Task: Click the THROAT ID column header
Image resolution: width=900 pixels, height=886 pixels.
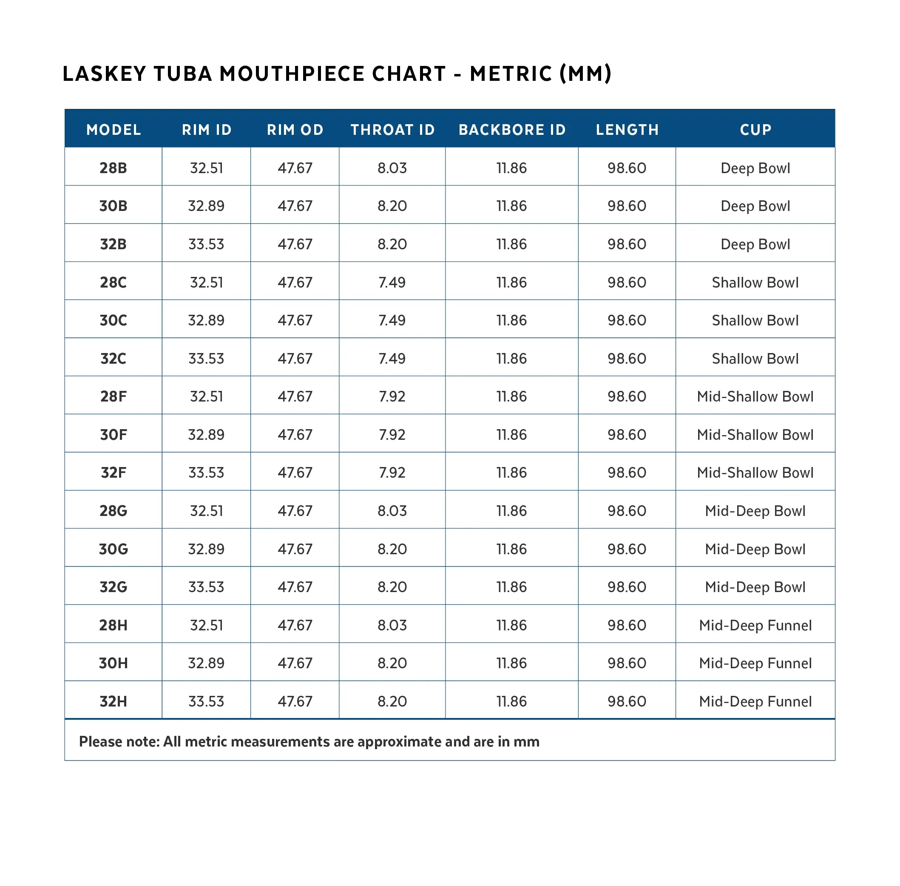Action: click(x=392, y=129)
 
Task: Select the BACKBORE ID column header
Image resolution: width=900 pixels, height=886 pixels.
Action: click(x=511, y=129)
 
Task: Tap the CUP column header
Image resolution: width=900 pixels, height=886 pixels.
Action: click(x=755, y=129)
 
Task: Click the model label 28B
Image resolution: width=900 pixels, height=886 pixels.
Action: click(x=113, y=168)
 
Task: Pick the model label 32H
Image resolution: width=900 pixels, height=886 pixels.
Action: click(x=113, y=701)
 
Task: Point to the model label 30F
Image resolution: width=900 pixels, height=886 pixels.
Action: click(x=113, y=434)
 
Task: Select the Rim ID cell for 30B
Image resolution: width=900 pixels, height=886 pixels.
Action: click(x=206, y=206)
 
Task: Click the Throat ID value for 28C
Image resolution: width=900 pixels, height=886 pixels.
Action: click(x=392, y=282)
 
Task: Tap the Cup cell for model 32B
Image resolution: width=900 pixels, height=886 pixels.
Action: click(x=755, y=244)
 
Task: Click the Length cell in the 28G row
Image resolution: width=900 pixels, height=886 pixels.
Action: click(x=627, y=510)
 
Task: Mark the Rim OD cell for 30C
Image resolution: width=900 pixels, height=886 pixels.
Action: click(x=295, y=320)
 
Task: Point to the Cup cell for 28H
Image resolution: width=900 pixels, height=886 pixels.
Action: click(x=755, y=625)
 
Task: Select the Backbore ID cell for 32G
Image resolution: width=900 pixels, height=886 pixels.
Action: click(x=511, y=587)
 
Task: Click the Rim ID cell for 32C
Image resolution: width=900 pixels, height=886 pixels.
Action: click(x=206, y=358)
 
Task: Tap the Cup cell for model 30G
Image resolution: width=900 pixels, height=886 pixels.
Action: click(x=755, y=549)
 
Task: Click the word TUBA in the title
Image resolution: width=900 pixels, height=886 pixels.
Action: click(x=183, y=74)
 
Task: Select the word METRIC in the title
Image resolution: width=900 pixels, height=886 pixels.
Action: click(x=510, y=74)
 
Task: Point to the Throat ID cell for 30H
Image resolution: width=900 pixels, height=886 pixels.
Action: click(x=392, y=663)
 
